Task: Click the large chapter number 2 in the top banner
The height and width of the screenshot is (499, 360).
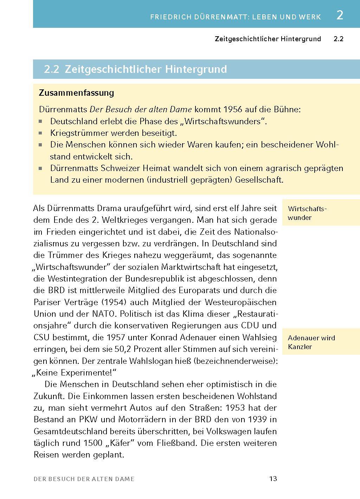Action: [339, 15]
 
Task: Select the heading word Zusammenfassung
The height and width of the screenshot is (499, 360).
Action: [77, 93]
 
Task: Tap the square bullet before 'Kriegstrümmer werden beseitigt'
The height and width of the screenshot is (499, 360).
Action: [41, 133]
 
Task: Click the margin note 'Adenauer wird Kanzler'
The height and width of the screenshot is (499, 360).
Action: [311, 342]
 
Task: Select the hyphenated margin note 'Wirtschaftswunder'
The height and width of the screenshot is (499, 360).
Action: [307, 213]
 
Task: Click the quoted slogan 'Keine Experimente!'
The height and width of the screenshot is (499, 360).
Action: [75, 372]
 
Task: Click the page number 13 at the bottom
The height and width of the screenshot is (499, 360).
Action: [273, 479]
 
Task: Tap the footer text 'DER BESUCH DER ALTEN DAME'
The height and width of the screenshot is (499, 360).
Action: [84, 479]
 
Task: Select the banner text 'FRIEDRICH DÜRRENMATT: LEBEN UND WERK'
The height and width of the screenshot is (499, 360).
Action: [235, 17]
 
